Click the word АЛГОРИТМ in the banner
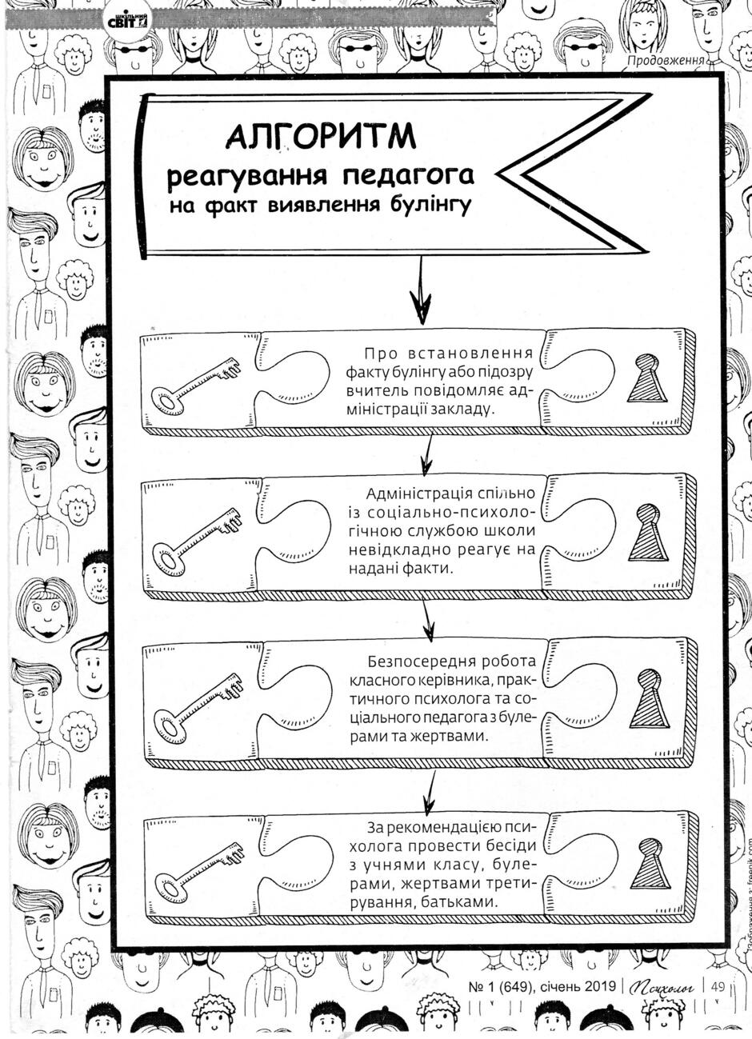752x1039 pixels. coord(321,136)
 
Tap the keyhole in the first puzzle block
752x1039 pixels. coord(647,378)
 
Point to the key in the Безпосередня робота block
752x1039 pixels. coord(198,704)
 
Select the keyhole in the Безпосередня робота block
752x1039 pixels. coord(649,698)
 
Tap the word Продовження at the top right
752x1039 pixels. coord(666,60)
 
